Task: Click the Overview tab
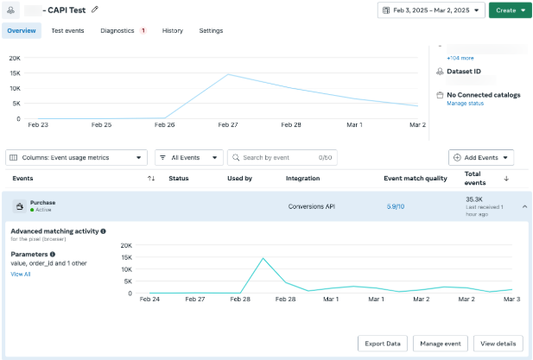(22, 30)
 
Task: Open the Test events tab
(67, 30)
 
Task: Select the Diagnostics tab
(117, 30)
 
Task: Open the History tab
(173, 30)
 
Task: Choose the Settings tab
(211, 30)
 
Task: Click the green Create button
(510, 10)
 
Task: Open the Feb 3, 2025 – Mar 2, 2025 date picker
(431, 10)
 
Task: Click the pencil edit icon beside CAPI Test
(95, 9)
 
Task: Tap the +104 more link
(460, 58)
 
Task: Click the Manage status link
(465, 104)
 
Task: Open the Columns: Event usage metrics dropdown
(77, 158)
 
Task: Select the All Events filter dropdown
(189, 158)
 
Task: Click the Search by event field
(282, 158)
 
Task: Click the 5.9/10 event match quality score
(396, 206)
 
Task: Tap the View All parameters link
(21, 274)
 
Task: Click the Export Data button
(383, 344)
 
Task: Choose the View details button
(498, 344)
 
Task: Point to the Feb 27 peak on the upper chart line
(228, 74)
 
